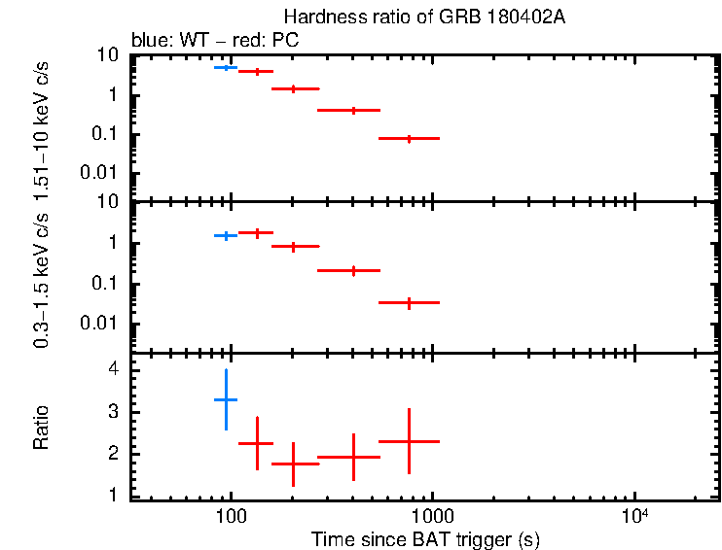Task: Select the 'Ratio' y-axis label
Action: click(41, 428)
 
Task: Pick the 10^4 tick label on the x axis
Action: click(634, 517)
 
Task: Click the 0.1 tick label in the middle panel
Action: click(107, 284)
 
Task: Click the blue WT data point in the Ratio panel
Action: click(226, 399)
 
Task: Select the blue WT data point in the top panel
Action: click(226, 67)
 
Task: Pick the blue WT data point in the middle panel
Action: click(226, 235)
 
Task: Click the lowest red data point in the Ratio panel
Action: click(293, 464)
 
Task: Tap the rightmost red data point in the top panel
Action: click(409, 139)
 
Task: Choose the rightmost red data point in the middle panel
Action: click(409, 303)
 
